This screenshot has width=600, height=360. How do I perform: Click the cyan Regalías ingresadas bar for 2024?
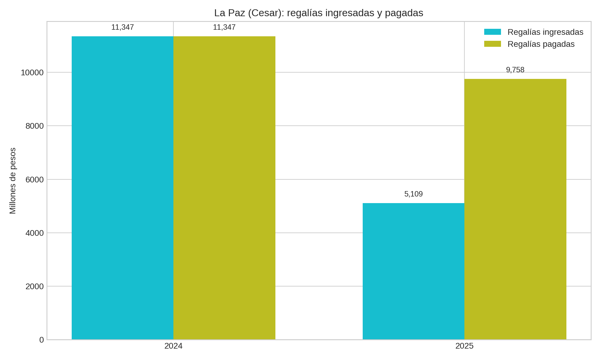click(x=122, y=188)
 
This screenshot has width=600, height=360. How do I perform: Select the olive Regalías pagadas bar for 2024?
click(x=224, y=188)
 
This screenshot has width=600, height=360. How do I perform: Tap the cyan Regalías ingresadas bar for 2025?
click(x=413, y=271)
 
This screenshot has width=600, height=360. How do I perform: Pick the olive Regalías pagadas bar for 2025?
click(x=515, y=209)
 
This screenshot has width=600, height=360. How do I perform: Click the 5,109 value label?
click(x=413, y=194)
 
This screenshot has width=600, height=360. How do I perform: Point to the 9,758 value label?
click(x=515, y=70)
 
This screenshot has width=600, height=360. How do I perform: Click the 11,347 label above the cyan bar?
click(x=122, y=27)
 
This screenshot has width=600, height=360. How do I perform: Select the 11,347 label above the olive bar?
click(x=224, y=27)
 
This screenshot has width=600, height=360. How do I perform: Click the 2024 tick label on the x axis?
click(x=173, y=346)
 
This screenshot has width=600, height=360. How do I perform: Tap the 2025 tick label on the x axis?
click(x=464, y=346)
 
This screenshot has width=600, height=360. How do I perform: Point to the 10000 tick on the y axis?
click(x=32, y=73)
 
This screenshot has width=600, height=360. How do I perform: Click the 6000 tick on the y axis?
click(x=34, y=180)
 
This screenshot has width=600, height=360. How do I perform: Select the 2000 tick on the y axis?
click(x=34, y=286)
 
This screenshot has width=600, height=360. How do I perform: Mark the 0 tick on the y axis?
click(x=41, y=340)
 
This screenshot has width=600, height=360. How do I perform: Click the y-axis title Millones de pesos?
click(x=13, y=181)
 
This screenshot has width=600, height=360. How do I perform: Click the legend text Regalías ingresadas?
click(x=545, y=32)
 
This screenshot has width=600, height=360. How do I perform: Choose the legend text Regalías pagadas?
click(x=541, y=44)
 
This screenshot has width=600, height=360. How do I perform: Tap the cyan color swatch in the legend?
click(x=492, y=32)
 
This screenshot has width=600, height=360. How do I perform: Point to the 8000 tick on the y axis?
click(x=34, y=126)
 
